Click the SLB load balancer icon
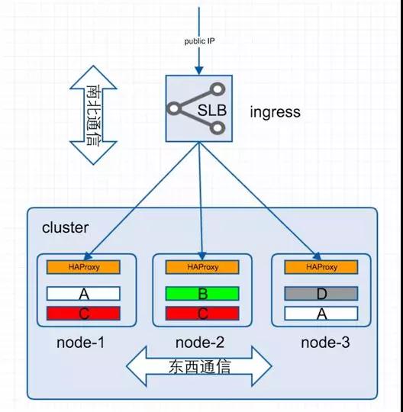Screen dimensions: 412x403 (x=199, y=109)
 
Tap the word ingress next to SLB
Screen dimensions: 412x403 (x=275, y=112)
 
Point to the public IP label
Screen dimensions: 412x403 (x=199, y=41)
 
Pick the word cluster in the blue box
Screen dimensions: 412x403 (x=65, y=227)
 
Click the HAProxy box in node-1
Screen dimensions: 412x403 (x=83, y=267)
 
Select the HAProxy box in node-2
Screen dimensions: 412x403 (x=202, y=267)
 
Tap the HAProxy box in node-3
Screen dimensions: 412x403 (x=321, y=267)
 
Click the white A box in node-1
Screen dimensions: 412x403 (x=83, y=294)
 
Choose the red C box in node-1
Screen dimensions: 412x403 (x=83, y=312)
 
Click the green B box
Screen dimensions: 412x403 (x=202, y=294)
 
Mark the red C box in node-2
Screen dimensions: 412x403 (x=202, y=312)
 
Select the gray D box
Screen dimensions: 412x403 (x=321, y=294)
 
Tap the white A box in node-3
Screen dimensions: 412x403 (x=321, y=312)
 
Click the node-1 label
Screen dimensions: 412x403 (x=80, y=343)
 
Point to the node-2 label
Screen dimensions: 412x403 (x=199, y=343)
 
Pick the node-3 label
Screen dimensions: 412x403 (x=321, y=343)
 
